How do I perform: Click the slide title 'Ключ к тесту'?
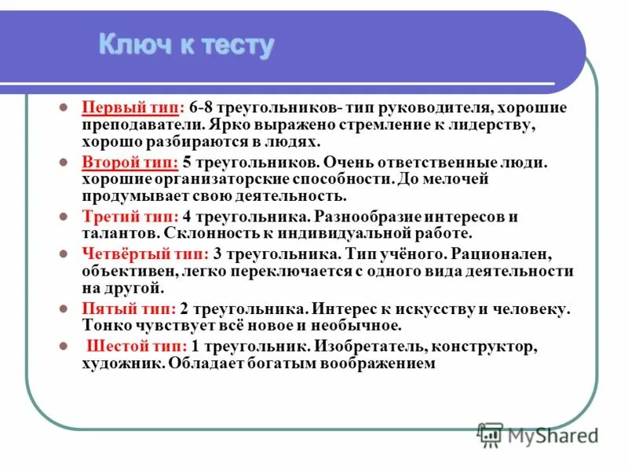point(186,45)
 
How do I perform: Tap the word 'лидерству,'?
point(494,126)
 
